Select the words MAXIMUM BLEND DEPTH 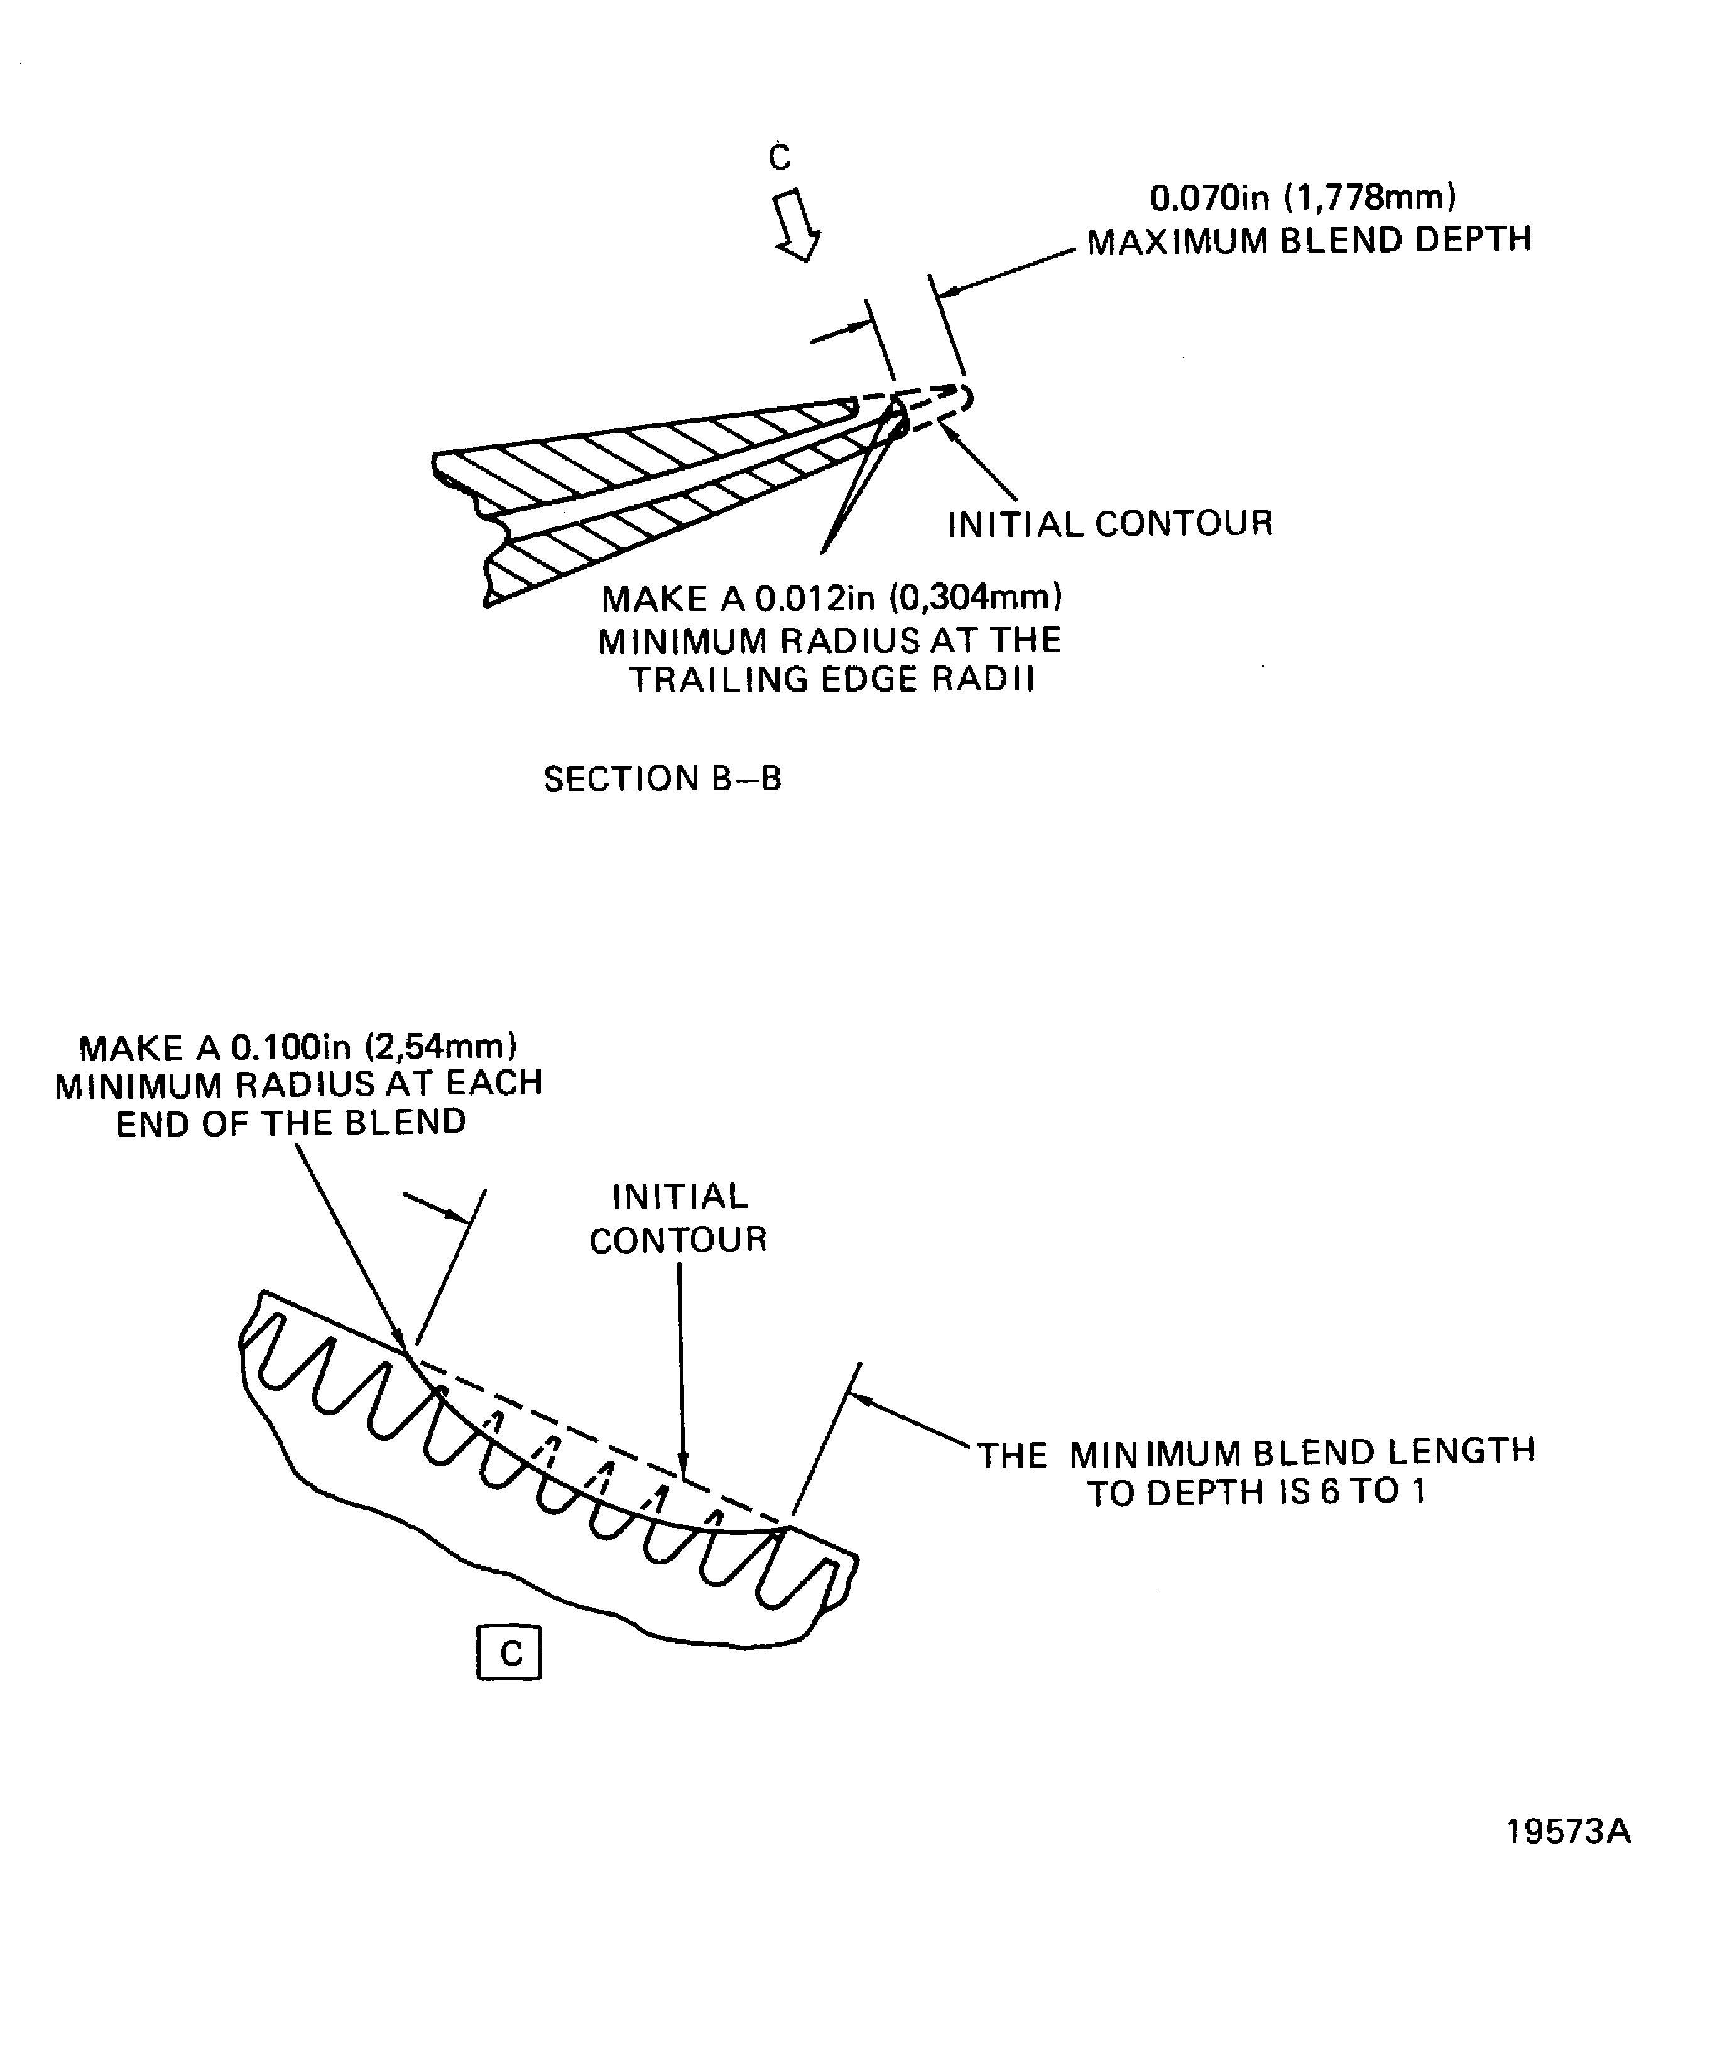(x=1309, y=240)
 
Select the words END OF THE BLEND (x=291, y=1123)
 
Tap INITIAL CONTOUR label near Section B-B (x=1110, y=524)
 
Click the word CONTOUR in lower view (x=678, y=1240)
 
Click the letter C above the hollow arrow (x=779, y=157)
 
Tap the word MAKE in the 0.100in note (x=131, y=1049)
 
